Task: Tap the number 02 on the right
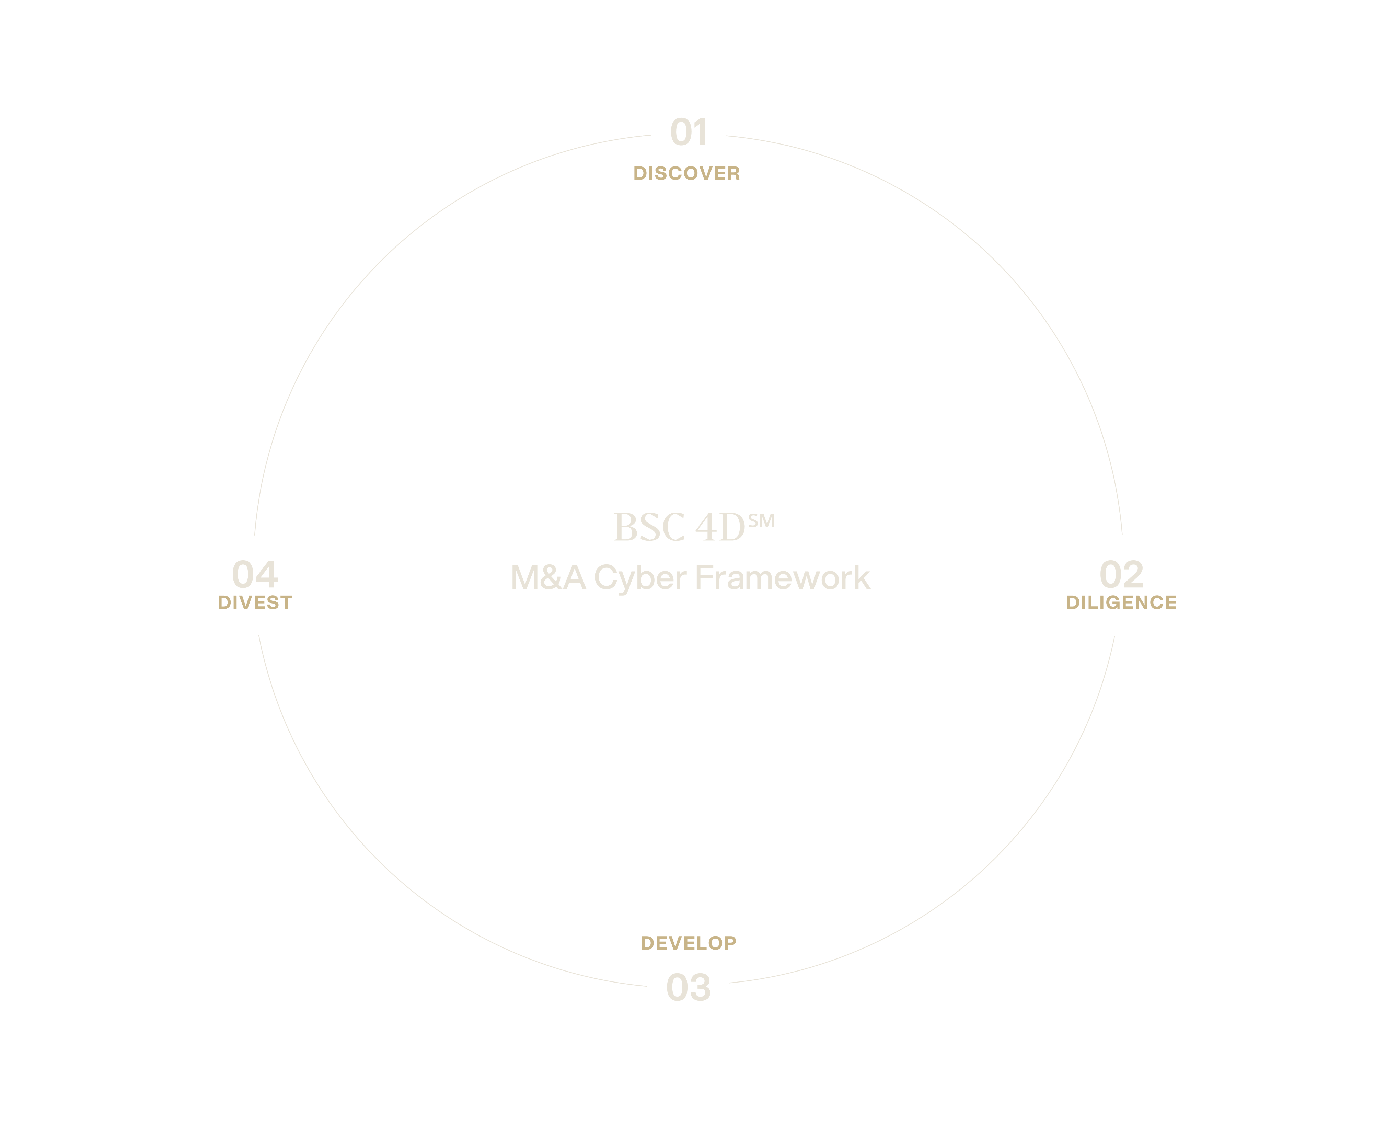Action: pos(1121,575)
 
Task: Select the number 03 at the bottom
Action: pos(688,988)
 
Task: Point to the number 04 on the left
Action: pos(255,575)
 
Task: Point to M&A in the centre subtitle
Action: pos(548,578)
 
